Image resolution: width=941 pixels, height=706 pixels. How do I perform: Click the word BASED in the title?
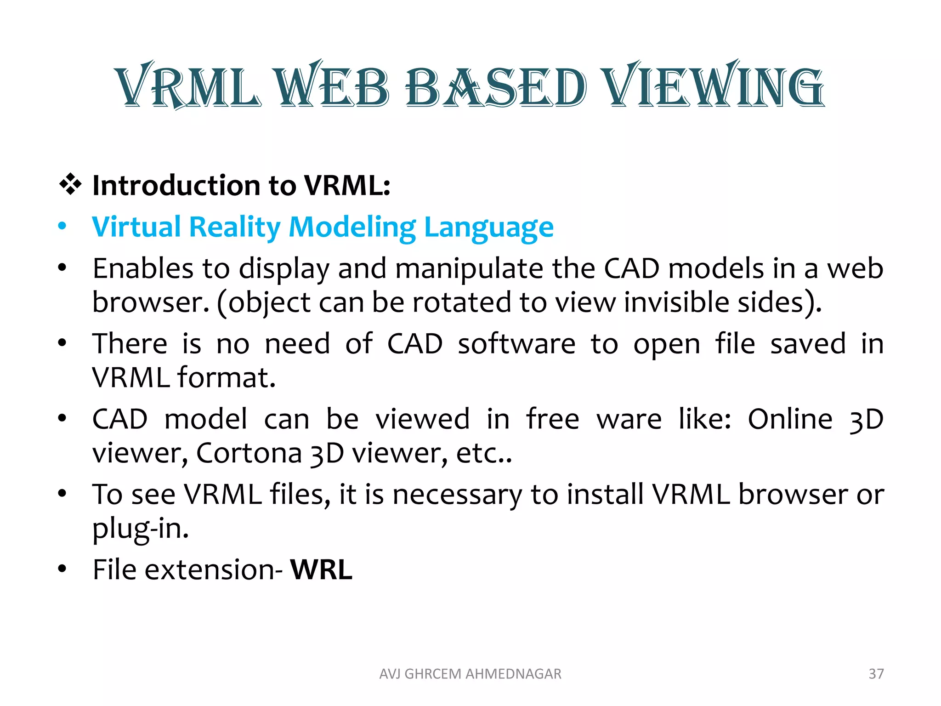coord(496,86)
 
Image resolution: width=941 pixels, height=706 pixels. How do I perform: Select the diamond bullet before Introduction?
coord(70,185)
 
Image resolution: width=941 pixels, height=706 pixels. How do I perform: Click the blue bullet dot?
coord(62,226)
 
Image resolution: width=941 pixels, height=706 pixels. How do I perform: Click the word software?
coord(516,343)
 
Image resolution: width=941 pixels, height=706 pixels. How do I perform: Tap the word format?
coord(227,377)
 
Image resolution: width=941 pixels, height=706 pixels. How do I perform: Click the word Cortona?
coord(249,453)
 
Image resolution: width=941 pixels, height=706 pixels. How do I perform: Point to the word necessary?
coord(457,495)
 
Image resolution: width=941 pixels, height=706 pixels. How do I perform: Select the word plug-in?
coord(141,529)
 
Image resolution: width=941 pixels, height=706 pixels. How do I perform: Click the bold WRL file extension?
coord(321,569)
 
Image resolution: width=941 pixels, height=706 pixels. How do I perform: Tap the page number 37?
coord(876,673)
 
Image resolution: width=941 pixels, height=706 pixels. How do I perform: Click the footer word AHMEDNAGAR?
coord(513,673)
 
